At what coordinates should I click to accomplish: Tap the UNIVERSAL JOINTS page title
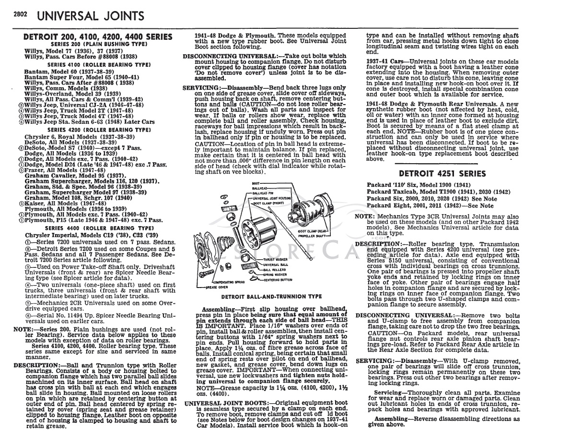(90, 16)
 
